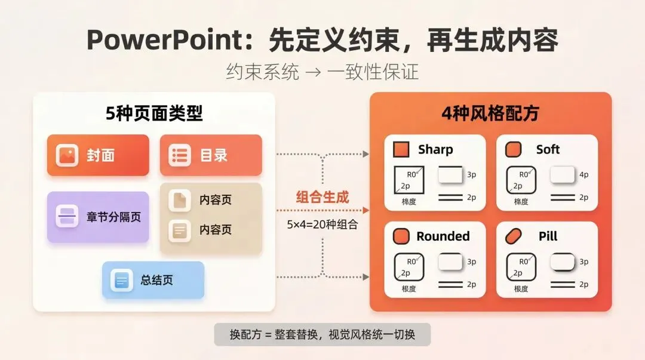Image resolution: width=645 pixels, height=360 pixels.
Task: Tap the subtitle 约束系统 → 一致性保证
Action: [x=322, y=72]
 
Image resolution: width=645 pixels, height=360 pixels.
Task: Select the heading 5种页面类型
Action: [x=154, y=113]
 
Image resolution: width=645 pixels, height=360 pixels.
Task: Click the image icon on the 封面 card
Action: [x=67, y=155]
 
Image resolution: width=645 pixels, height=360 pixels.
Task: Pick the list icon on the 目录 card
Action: [x=179, y=155]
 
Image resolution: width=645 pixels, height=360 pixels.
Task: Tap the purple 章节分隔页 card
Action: [x=98, y=217]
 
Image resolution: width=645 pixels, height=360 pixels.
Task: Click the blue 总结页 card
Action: [x=153, y=280]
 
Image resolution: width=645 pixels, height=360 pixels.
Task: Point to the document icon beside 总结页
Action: [x=122, y=280]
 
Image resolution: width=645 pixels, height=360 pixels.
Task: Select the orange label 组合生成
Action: [x=322, y=197]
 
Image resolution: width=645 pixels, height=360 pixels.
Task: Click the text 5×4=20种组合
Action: [x=322, y=224]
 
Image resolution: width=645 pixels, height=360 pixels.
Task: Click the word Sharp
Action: [x=435, y=149]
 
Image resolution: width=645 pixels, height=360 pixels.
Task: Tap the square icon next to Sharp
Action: [x=401, y=149]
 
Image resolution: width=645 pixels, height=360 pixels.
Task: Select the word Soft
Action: [x=548, y=149]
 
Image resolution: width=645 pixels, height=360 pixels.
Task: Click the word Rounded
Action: [x=443, y=236]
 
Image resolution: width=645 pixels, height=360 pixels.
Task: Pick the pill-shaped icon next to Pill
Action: [x=514, y=236]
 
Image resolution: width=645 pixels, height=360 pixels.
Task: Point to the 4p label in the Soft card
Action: [x=583, y=175]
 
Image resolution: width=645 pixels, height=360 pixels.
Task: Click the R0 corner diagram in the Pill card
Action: [x=521, y=267]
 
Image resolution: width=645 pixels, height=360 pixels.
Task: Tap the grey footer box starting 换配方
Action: [x=322, y=334]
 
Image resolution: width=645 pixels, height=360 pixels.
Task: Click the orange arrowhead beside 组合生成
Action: [x=366, y=210]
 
